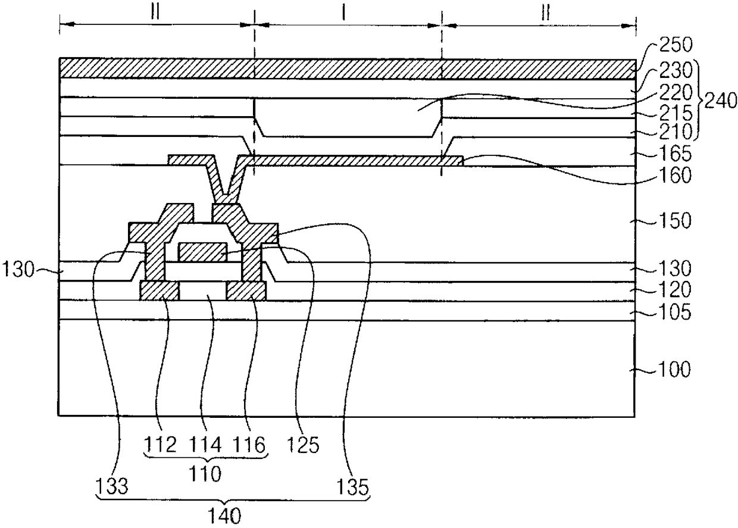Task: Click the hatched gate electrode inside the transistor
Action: (202, 252)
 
